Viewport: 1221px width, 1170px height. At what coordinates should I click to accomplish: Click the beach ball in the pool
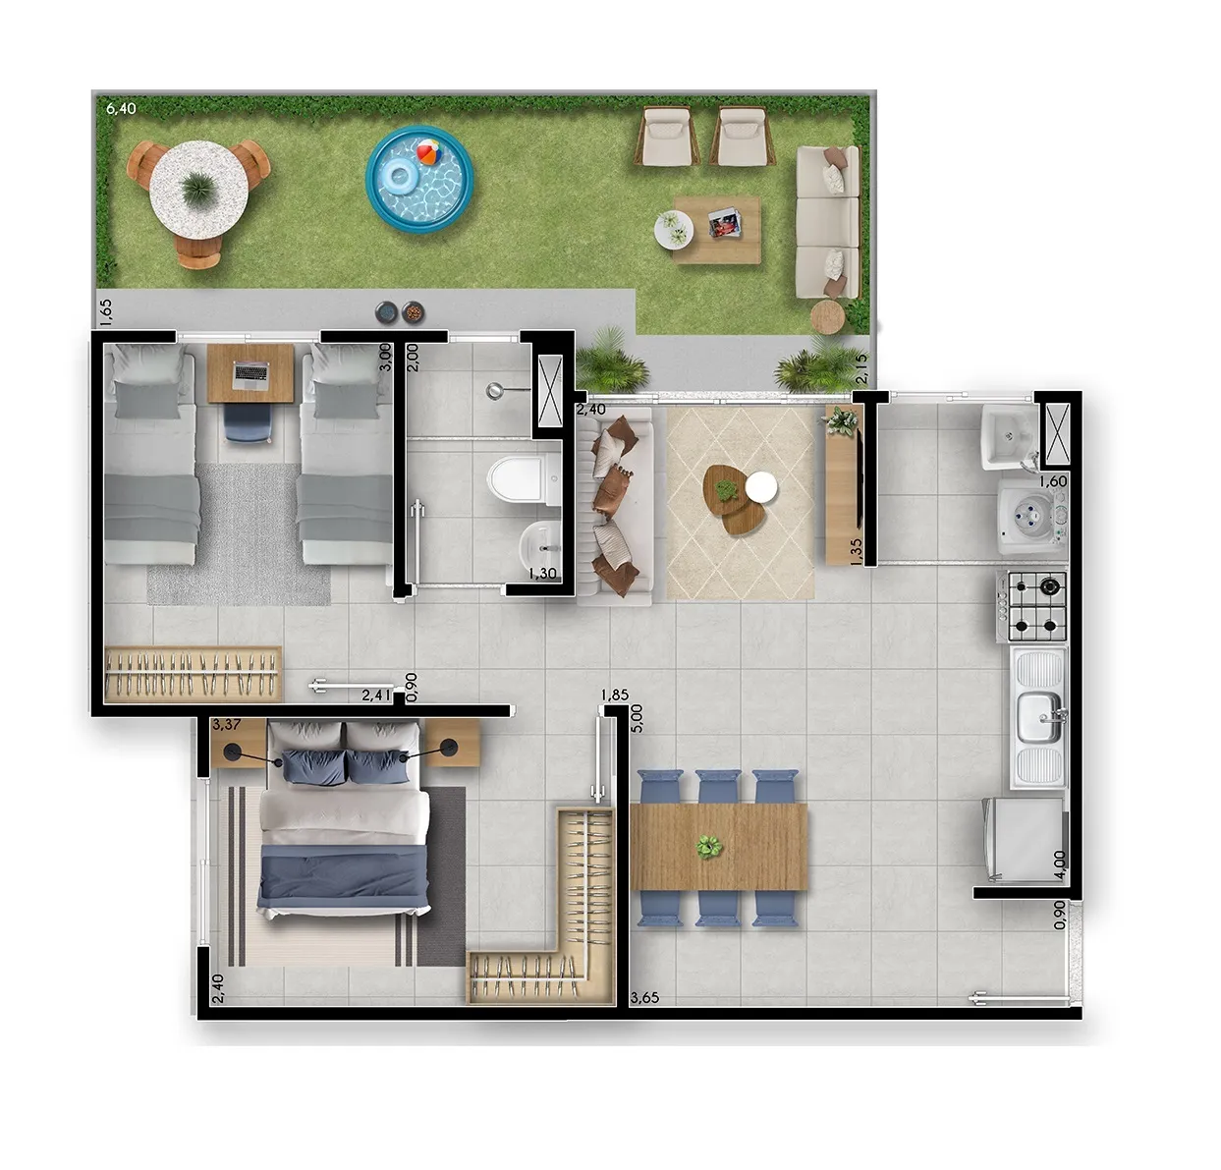coord(429,152)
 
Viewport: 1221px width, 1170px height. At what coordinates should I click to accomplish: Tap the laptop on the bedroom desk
coord(250,373)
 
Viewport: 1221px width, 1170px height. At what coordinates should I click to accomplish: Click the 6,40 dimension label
coord(121,108)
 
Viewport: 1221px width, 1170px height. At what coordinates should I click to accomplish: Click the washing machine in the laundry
coord(1032,517)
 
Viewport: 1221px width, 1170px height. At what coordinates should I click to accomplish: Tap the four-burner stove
coord(1032,606)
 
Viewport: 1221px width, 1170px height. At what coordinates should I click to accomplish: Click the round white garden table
coord(198,190)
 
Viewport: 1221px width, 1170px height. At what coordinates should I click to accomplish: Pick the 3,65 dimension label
coord(645,998)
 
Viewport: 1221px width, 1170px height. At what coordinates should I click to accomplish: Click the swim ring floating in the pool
coord(398,176)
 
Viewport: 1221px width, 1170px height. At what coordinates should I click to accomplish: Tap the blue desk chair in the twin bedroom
coord(248,421)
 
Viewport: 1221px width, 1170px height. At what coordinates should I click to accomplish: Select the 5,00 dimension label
coord(637,719)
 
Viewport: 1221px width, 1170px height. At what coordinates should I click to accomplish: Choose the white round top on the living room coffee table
coord(761,486)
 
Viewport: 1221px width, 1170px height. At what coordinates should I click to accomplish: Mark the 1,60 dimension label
coord(1053,481)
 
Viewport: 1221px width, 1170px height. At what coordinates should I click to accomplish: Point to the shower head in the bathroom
coord(495,391)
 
